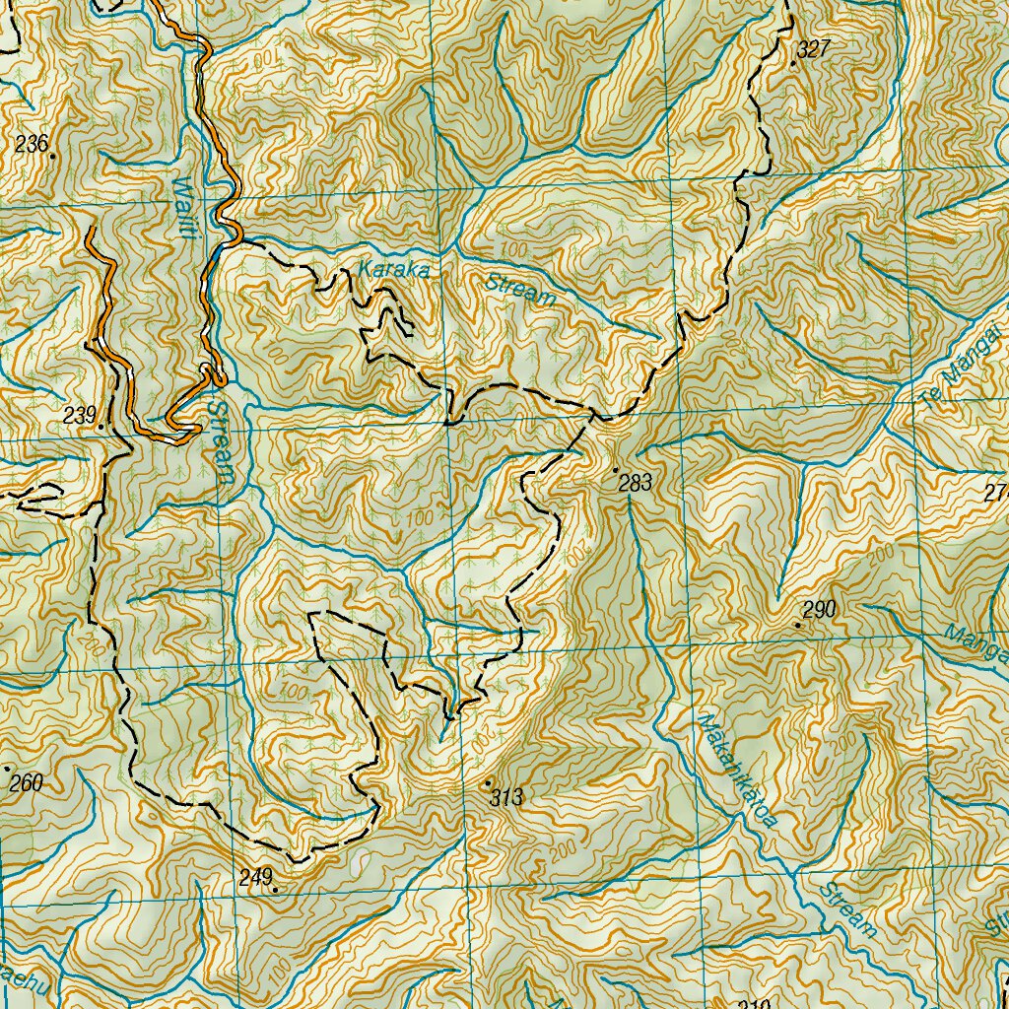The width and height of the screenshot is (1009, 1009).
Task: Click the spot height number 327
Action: (816, 49)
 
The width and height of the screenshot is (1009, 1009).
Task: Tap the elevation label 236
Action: (32, 144)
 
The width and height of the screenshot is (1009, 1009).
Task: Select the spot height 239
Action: (79, 415)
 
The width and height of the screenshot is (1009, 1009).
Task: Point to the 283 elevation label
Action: (636, 483)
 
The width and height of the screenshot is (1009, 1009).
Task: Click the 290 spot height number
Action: (820, 609)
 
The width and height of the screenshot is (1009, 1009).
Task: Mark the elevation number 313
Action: (505, 797)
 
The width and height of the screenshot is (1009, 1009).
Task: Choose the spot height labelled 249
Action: (255, 876)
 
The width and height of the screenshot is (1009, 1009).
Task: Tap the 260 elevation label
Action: (27, 784)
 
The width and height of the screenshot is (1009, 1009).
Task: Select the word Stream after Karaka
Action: (521, 289)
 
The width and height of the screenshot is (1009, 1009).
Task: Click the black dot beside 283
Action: (615, 470)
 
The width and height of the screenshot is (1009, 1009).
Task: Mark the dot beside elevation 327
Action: (793, 63)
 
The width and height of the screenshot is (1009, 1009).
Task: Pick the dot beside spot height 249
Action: (276, 890)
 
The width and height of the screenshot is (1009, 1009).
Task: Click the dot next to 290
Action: (798, 625)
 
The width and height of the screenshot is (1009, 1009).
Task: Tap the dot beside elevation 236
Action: (51, 155)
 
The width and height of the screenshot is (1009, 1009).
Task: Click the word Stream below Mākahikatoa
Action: (848, 909)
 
